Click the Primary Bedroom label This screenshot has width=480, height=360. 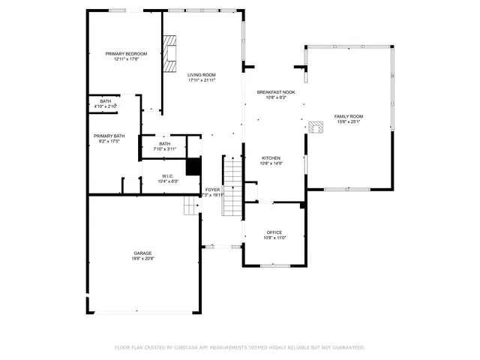pos(126,54)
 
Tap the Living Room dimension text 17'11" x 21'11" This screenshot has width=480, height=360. pos(202,80)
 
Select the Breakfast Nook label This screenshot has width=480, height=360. pos(276,92)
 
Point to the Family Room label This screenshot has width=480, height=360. pos(349,116)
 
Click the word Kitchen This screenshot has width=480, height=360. pos(271,157)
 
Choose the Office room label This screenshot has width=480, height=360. pos(274,232)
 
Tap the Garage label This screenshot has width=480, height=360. pos(143,253)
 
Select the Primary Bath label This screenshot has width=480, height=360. pos(109,136)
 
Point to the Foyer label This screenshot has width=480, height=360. pos(213,190)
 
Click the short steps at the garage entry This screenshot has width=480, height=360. pos(190,205)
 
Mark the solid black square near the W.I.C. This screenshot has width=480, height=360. pos(193,166)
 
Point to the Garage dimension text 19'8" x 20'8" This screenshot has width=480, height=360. pos(143,259)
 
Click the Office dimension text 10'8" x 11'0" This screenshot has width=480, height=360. pos(274,238)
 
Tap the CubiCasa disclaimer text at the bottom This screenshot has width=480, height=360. pos(239,347)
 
